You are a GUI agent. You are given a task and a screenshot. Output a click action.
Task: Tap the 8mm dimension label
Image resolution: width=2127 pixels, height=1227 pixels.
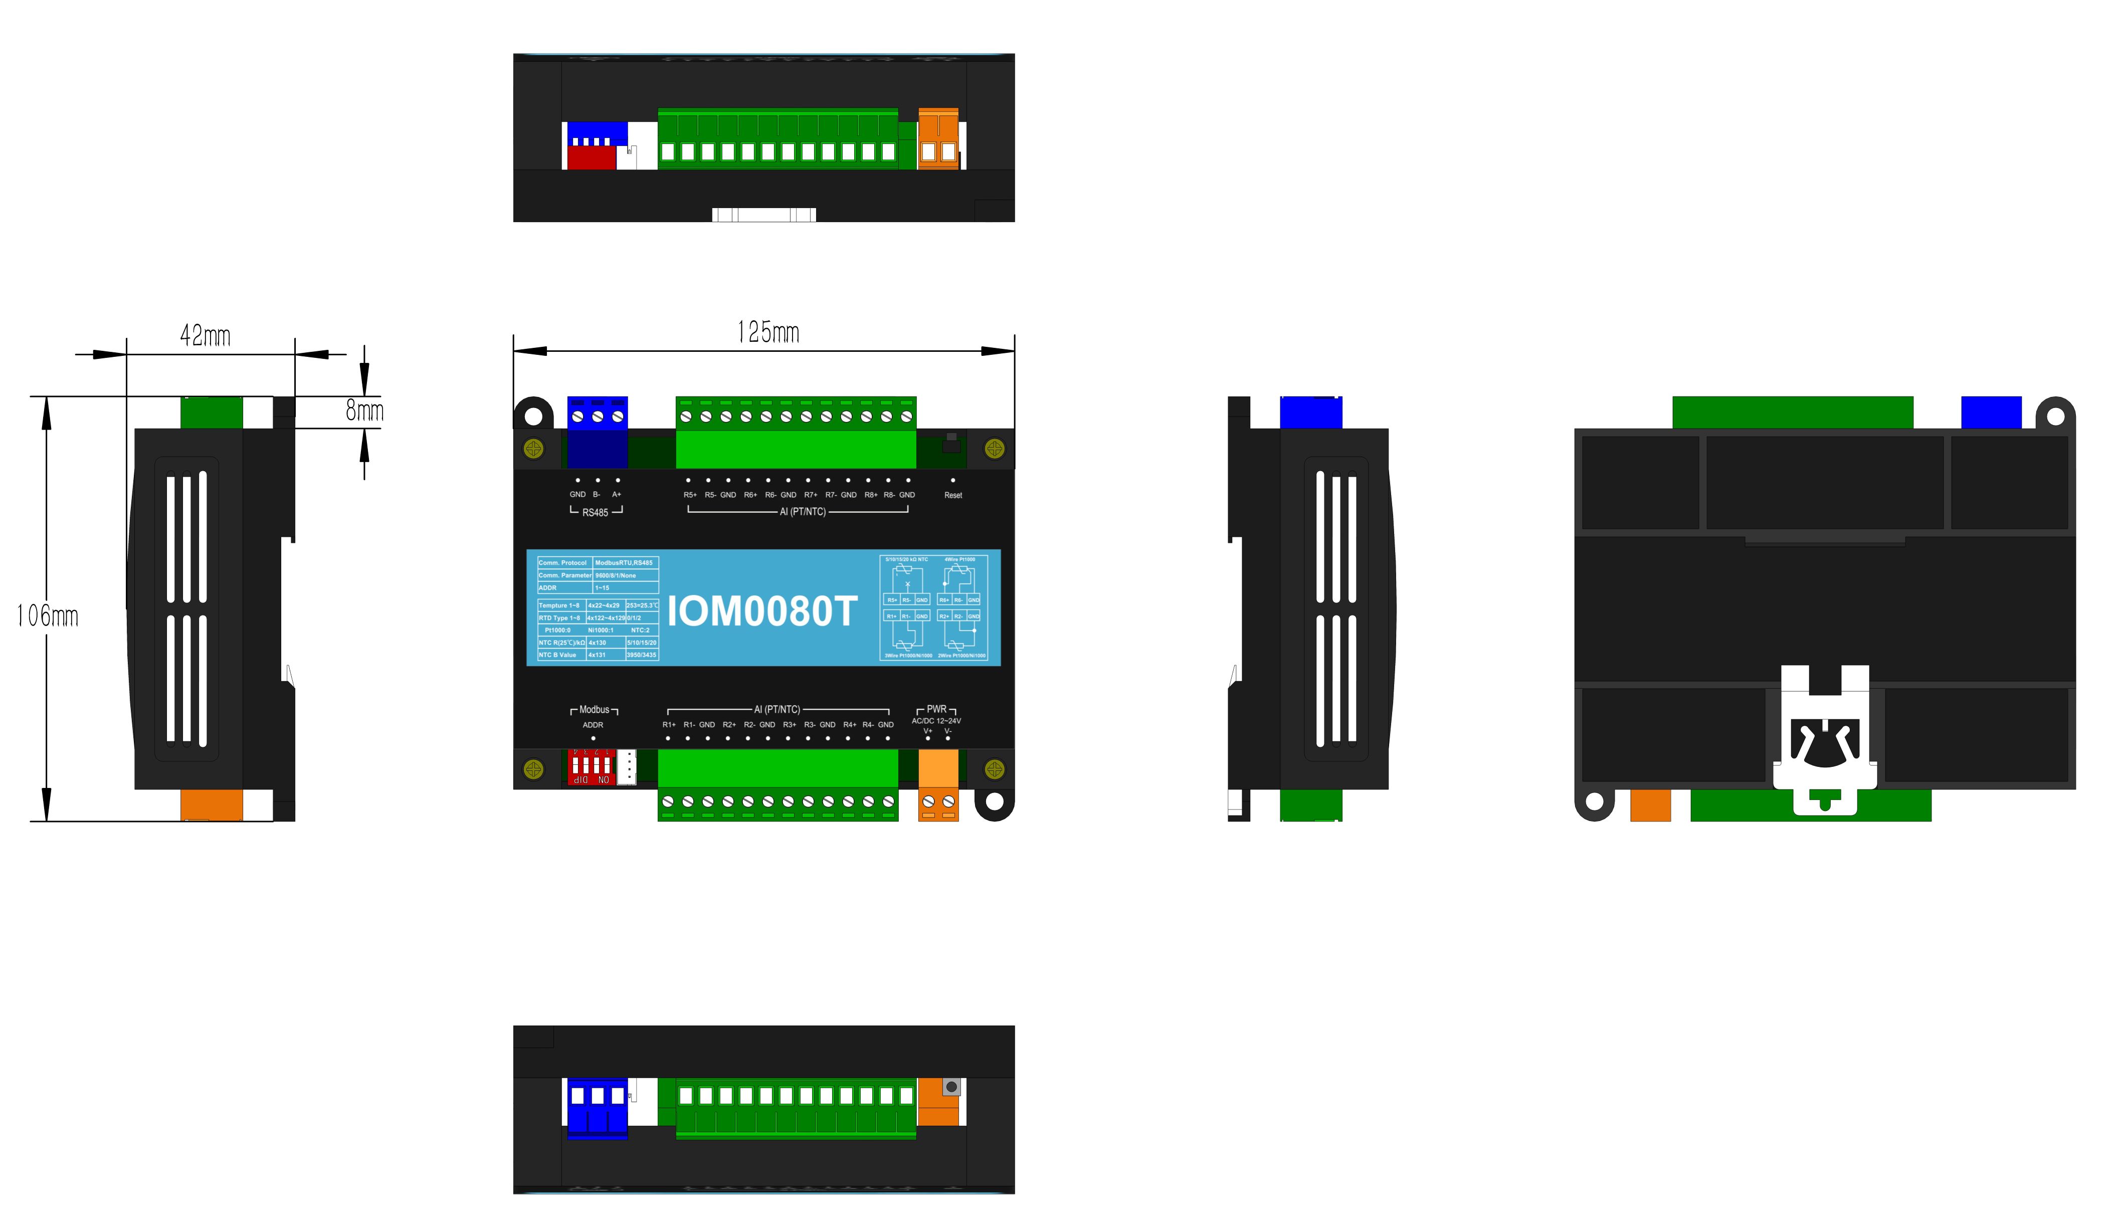point(364,411)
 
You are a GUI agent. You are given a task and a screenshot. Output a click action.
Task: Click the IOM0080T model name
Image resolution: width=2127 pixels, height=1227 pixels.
point(762,611)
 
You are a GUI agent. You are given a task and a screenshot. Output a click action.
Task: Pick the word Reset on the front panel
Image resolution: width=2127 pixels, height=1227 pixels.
point(953,496)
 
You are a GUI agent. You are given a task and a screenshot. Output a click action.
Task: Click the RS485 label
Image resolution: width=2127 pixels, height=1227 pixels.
point(595,512)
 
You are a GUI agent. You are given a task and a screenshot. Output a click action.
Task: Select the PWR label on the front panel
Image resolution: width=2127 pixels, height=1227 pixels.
point(936,710)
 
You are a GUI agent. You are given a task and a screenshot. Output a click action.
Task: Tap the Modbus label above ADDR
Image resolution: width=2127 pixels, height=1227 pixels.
point(594,710)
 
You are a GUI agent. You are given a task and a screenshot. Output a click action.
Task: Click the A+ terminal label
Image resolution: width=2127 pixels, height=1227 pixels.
point(617,495)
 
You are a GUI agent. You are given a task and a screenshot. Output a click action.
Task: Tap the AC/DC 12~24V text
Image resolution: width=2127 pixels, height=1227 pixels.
point(936,721)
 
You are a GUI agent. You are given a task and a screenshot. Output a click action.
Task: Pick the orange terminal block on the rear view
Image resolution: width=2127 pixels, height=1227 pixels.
point(1650,805)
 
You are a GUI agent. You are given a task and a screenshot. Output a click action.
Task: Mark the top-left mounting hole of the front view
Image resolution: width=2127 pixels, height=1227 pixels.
point(533,416)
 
